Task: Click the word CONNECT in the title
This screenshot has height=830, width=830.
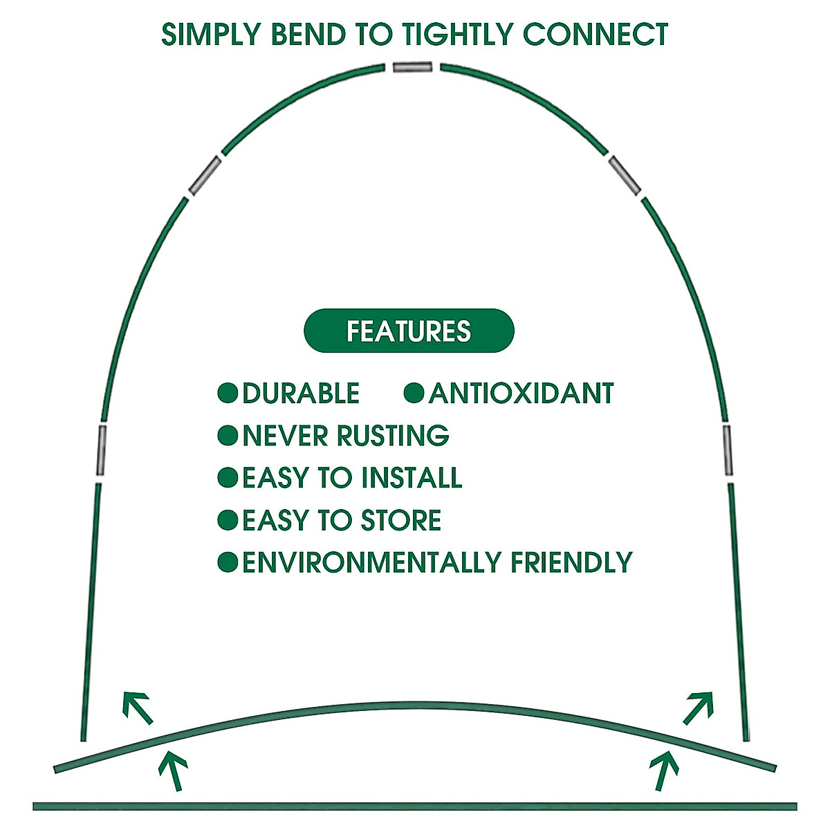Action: pos(596,35)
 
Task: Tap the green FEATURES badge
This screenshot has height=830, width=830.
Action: pos(409,331)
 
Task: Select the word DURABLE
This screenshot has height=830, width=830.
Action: pos(301,394)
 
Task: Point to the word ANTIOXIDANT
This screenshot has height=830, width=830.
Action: pos(522,394)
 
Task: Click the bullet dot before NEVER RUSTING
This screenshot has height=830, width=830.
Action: pos(228,436)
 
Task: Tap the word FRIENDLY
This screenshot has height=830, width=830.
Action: pos(572,562)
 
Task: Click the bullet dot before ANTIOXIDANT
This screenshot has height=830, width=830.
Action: pos(414,394)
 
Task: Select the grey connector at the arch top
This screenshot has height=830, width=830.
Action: pos(412,67)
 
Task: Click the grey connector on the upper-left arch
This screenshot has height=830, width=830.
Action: pos(205,176)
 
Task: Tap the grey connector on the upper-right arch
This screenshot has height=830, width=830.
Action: pos(625,176)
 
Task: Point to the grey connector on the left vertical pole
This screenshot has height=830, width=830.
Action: pos(101,450)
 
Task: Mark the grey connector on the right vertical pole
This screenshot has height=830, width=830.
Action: pos(728,450)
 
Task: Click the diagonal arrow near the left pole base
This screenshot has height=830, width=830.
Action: pos(137,706)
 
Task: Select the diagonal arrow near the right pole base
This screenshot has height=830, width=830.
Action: pos(698,707)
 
